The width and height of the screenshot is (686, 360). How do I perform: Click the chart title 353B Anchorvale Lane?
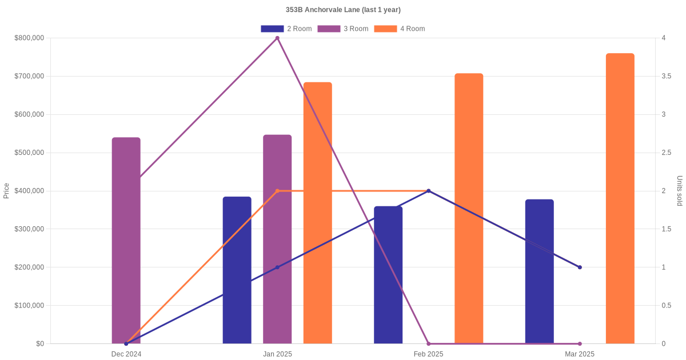click(343, 10)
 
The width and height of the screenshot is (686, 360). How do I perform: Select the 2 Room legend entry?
click(286, 29)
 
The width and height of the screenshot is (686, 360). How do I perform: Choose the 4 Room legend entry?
click(400, 29)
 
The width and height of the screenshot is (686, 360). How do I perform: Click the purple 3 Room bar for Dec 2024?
click(126, 240)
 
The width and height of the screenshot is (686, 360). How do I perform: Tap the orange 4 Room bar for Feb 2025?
click(469, 208)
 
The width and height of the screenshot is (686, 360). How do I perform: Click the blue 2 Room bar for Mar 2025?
click(539, 271)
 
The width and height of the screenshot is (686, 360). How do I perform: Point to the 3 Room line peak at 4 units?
click(277, 38)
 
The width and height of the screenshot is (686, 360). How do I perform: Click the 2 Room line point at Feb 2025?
click(429, 191)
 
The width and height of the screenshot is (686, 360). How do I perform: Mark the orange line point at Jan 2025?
click(277, 191)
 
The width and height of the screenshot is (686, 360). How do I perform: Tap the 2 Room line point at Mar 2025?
click(580, 267)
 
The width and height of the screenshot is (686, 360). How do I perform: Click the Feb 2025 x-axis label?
click(428, 354)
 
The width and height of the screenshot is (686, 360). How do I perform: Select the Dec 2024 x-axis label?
click(126, 354)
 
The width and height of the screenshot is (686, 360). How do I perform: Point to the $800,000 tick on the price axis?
click(29, 38)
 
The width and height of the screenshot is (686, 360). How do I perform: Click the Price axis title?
click(6, 191)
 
